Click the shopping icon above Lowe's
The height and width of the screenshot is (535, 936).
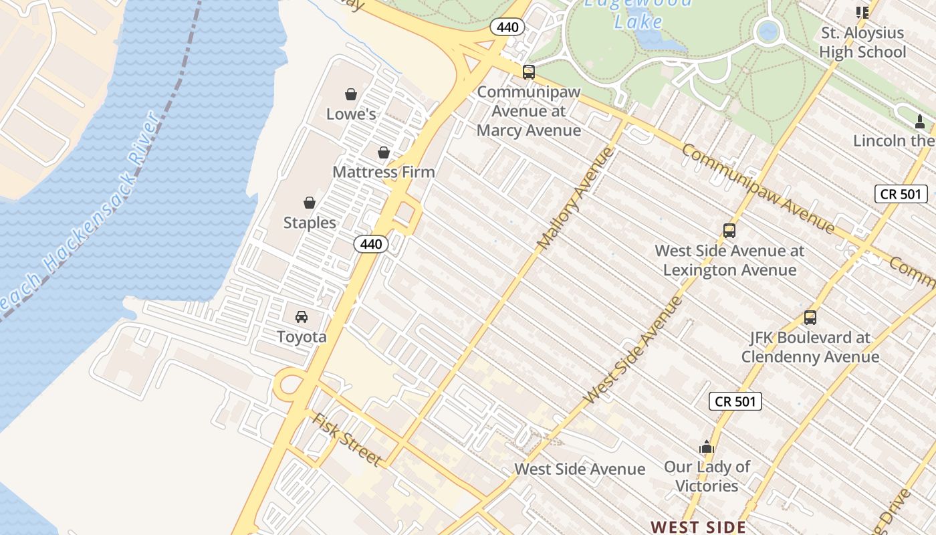pyautogui.click(x=351, y=94)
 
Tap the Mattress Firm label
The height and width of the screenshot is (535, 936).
pyautogui.click(x=384, y=172)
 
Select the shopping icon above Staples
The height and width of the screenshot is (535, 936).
pyautogui.click(x=310, y=203)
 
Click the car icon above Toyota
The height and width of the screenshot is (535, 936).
pyautogui.click(x=302, y=316)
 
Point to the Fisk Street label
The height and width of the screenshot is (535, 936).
pyautogui.click(x=347, y=440)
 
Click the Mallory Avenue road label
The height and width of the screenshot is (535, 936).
pyautogui.click(x=575, y=199)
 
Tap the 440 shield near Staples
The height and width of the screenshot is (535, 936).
pyautogui.click(x=371, y=244)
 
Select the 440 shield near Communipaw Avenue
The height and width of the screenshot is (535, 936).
pyautogui.click(x=507, y=27)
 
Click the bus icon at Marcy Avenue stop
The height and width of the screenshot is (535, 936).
pyautogui.click(x=529, y=72)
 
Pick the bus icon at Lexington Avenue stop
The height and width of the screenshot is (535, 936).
pyautogui.click(x=729, y=231)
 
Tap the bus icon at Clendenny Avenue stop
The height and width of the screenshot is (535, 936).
pyautogui.click(x=810, y=318)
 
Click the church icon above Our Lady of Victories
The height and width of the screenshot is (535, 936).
pyautogui.click(x=707, y=447)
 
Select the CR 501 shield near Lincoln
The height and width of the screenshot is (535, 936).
pyautogui.click(x=901, y=194)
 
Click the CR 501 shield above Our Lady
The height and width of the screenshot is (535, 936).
pyautogui.click(x=735, y=401)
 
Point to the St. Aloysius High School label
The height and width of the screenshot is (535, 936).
pyautogui.click(x=862, y=42)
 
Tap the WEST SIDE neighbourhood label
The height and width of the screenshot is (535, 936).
pyautogui.click(x=699, y=527)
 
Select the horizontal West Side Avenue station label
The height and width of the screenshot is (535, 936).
pyautogui.click(x=580, y=469)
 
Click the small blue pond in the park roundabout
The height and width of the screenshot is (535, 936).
pyautogui.click(x=769, y=31)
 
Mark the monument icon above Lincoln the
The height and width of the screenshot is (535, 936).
pyautogui.click(x=920, y=122)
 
